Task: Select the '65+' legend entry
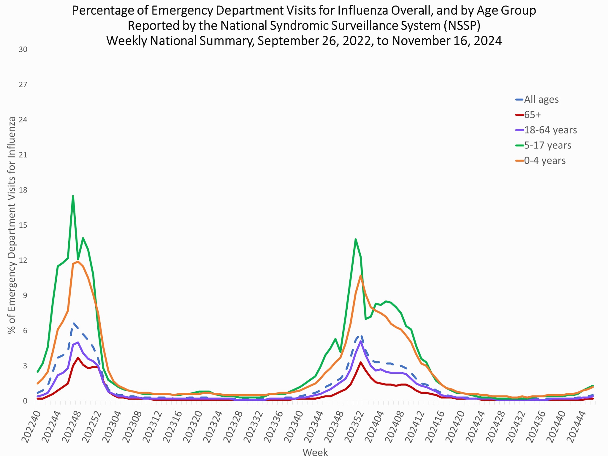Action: pos(532,115)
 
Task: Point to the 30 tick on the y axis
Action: pos(23,50)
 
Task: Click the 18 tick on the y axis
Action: pos(23,190)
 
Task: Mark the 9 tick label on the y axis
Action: pos(25,295)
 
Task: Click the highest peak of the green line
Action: pos(73,196)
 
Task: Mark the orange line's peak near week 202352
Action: pos(360,275)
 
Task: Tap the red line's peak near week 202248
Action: pos(78,357)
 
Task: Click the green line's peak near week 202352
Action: pos(355,239)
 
